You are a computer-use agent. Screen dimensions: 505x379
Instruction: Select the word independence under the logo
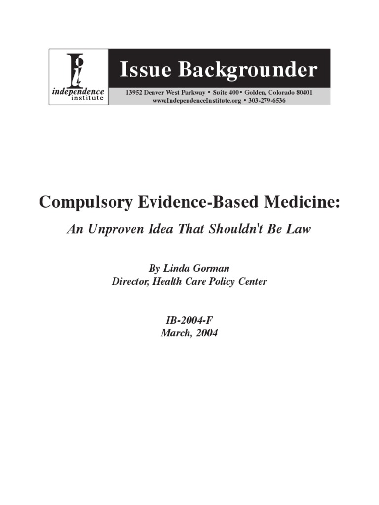pyautogui.click(x=78, y=92)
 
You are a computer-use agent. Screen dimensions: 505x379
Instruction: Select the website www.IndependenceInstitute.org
pyautogui.click(x=198, y=100)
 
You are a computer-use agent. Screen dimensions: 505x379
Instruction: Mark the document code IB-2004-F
pyautogui.click(x=189, y=320)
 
